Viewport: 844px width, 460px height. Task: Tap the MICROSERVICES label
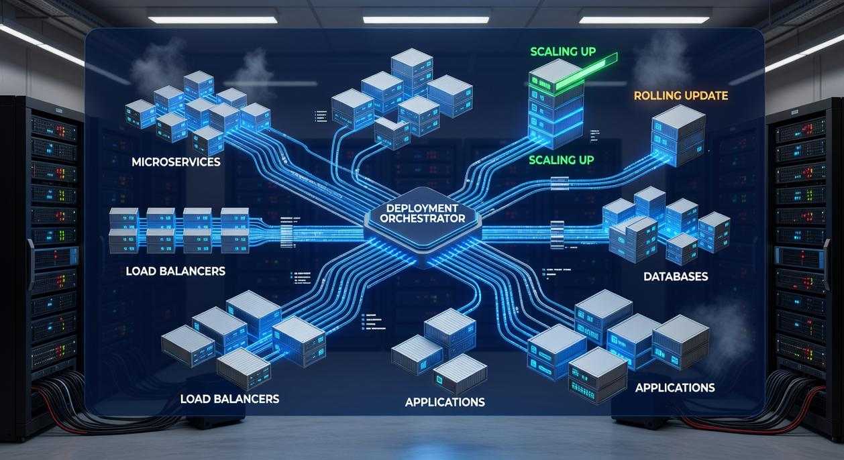coord(176,162)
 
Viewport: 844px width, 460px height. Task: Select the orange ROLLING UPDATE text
coord(680,96)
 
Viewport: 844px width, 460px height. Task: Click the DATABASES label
coord(675,276)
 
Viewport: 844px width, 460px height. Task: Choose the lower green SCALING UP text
coord(561,160)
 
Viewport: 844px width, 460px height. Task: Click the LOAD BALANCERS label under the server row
coord(175,272)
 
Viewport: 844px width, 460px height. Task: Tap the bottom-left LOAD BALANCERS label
coord(229,398)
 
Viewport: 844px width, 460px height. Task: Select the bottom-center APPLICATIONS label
coord(444,402)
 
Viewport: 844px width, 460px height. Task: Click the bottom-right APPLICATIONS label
coord(674,388)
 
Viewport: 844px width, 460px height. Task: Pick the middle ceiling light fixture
coord(425,19)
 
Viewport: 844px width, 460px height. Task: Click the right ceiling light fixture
coord(644,19)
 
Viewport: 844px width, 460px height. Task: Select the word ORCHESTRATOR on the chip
coord(422,219)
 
